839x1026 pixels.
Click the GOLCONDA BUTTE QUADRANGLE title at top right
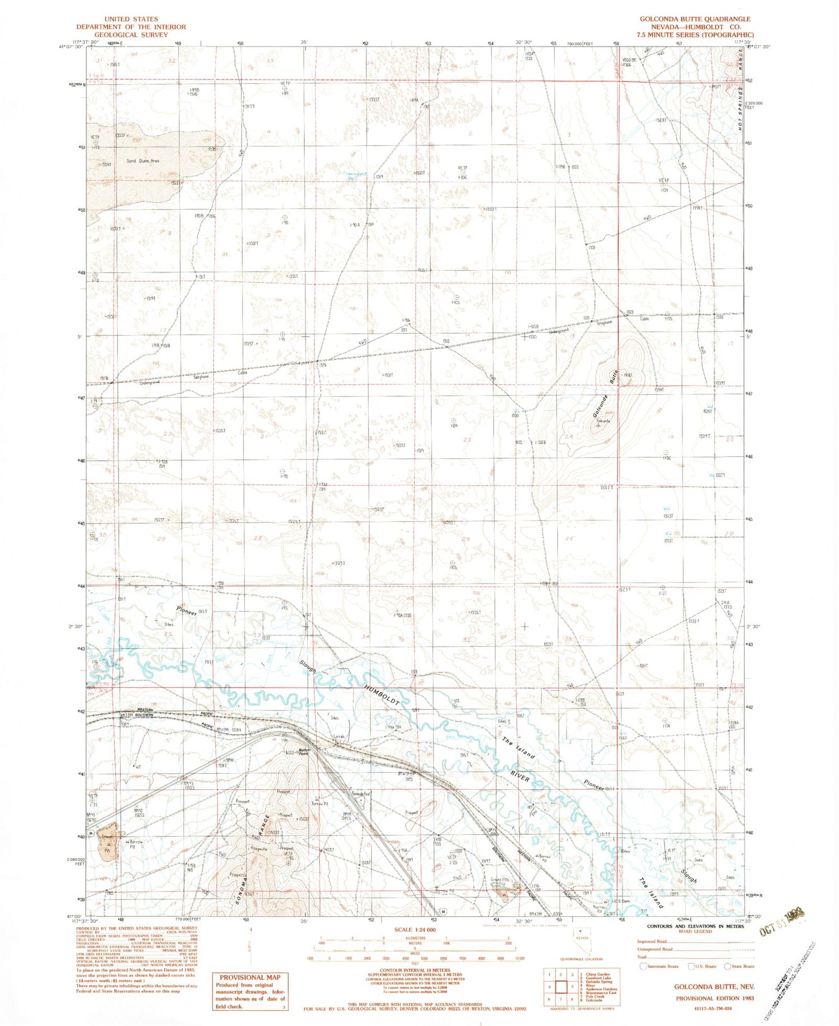click(695, 19)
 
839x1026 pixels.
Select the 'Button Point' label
click(304, 752)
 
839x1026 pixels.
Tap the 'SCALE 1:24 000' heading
click(414, 930)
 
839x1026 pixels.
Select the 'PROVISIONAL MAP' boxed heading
click(250, 977)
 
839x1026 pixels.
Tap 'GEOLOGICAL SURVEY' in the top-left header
click(131, 35)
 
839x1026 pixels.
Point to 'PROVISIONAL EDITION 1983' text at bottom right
click(714, 998)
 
